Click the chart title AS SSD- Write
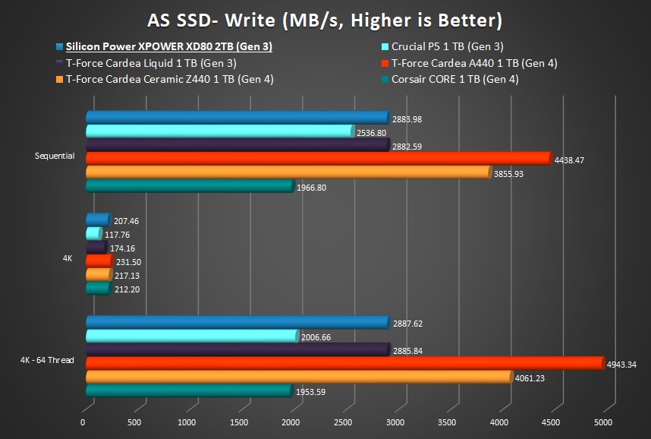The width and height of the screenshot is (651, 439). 325,18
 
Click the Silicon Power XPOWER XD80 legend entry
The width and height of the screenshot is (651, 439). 168,47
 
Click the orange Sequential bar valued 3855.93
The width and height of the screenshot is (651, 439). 288,172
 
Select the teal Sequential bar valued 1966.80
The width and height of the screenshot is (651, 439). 189,186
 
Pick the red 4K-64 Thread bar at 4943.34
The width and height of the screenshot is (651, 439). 344,363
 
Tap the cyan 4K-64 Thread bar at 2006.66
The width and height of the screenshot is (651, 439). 191,336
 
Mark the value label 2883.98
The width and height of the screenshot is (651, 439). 407,118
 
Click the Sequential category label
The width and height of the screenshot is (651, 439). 55,156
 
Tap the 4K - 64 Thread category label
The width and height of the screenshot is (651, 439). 47,360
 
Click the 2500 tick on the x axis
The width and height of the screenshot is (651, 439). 343,422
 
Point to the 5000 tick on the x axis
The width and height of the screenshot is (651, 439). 603,422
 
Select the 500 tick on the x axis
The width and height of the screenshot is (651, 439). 134,422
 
